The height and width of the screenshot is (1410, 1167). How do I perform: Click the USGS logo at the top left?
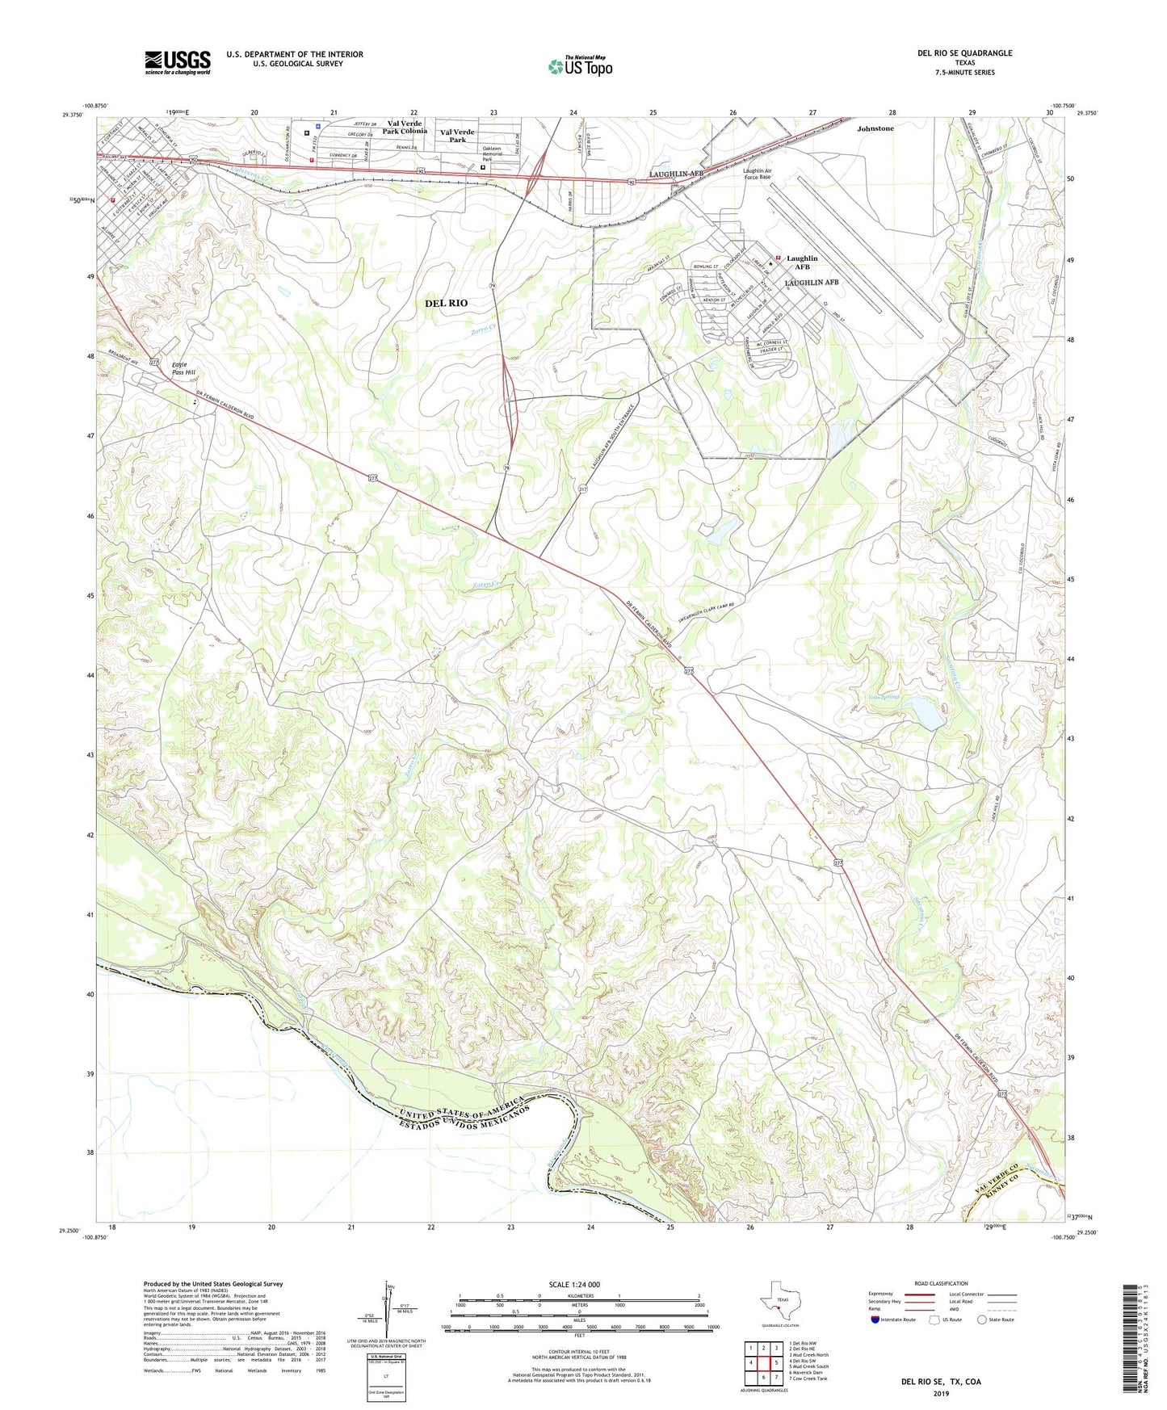(178, 61)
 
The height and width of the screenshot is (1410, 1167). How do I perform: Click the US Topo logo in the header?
(578, 65)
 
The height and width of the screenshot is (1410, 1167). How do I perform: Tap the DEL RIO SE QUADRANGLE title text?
(964, 53)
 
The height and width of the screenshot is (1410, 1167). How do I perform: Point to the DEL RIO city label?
(446, 303)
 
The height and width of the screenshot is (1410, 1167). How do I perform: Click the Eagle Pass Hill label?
(183, 369)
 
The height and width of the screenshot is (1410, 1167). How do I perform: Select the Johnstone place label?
(875, 128)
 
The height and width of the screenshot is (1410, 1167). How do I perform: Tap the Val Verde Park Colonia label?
(405, 127)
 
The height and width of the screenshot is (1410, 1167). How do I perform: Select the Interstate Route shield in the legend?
(875, 1320)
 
